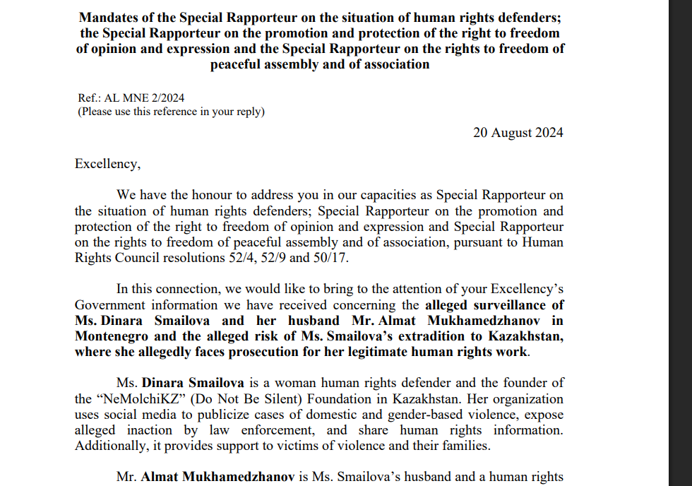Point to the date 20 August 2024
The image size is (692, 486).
(x=518, y=132)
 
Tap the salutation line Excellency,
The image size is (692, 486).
(x=107, y=164)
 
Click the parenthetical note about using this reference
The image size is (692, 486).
(x=171, y=112)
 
